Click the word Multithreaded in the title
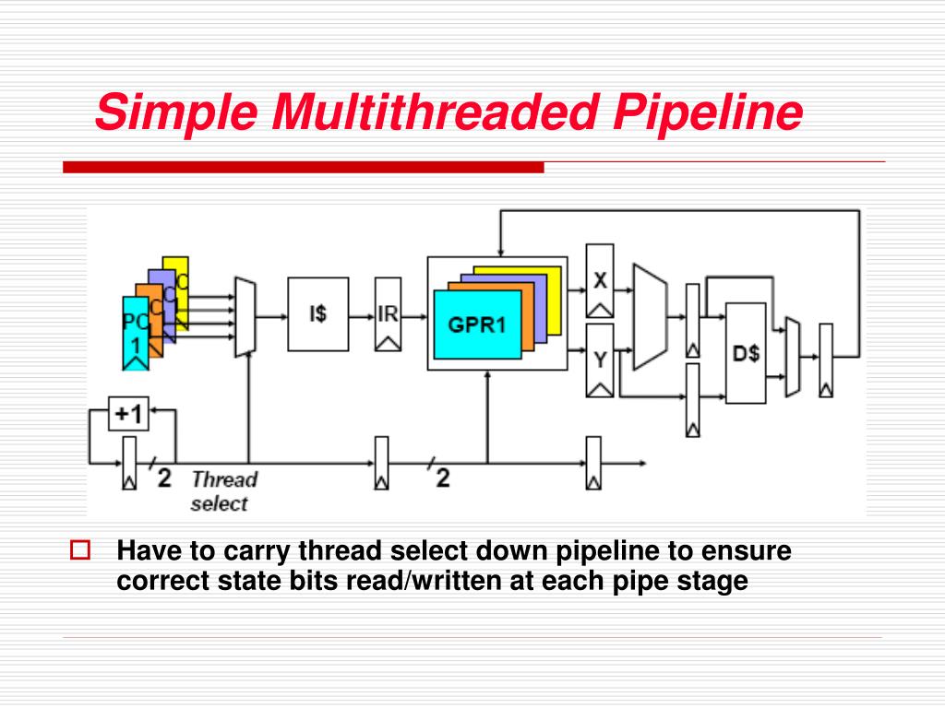(437, 112)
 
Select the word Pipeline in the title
(708, 113)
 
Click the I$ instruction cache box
(318, 313)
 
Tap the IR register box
(389, 314)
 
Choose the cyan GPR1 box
(477, 324)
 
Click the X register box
(600, 280)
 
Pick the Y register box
(600, 360)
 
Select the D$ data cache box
(746, 353)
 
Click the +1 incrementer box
(128, 414)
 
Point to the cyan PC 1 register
(136, 333)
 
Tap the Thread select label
(224, 490)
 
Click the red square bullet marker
(80, 550)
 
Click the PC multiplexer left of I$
(245, 317)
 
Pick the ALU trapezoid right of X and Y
(651, 317)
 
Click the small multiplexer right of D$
(793, 357)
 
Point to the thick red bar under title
(303, 167)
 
